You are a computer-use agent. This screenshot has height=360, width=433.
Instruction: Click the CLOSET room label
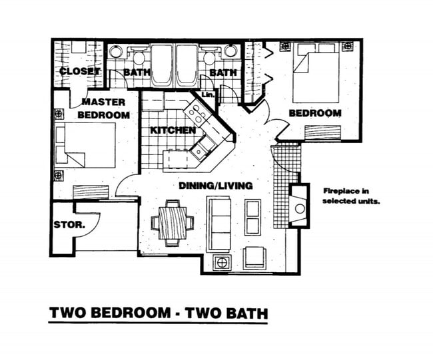79,71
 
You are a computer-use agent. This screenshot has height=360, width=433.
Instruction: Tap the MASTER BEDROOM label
104,108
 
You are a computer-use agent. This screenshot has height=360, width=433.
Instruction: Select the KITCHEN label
173,130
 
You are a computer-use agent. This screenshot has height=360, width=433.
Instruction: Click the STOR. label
69,225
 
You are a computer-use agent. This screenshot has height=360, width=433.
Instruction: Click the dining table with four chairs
172,222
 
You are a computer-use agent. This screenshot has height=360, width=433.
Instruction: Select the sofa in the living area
218,224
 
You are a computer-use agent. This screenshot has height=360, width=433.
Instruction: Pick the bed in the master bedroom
87,145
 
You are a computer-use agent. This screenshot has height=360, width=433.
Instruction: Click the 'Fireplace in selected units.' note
351,195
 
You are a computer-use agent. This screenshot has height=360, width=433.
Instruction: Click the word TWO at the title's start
70,312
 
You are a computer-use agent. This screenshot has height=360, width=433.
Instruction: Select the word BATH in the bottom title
244,312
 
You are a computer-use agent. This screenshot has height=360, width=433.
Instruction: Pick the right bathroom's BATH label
222,72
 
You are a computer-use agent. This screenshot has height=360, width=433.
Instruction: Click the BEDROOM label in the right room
314,113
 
